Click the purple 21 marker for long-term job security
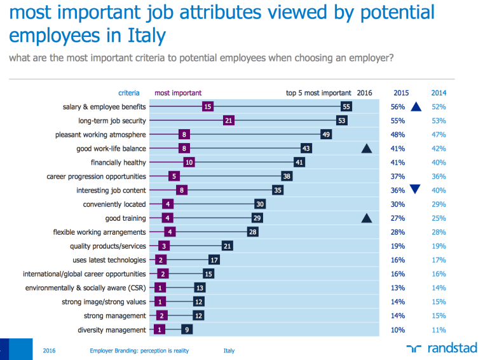click(229, 121)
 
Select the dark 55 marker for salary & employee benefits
click(346, 107)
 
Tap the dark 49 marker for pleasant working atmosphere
click(326, 135)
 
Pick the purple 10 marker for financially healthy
click(189, 163)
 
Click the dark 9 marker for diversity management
click(186, 330)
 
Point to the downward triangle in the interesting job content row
click(416, 190)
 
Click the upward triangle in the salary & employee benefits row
click(416, 107)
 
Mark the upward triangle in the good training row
click(365, 218)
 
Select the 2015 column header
click(401, 93)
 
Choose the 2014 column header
click(439, 93)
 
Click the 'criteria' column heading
click(129, 93)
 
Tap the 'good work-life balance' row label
click(111, 149)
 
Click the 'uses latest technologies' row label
click(109, 260)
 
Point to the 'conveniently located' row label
click(114, 204)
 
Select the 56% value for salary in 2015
click(398, 107)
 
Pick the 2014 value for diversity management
click(439, 330)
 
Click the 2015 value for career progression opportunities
click(398, 177)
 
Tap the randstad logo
click(439, 349)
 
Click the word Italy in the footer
click(229, 350)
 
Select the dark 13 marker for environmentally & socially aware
click(200, 288)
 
